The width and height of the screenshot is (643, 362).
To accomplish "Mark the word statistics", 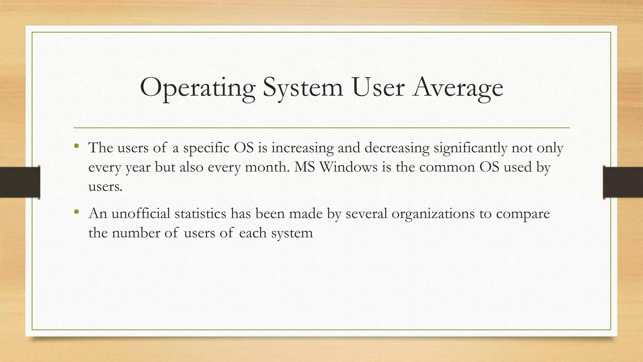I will coord(200,214).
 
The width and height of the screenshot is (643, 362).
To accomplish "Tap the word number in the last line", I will coord(136,233).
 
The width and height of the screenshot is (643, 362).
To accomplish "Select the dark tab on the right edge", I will coord(623,182).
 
